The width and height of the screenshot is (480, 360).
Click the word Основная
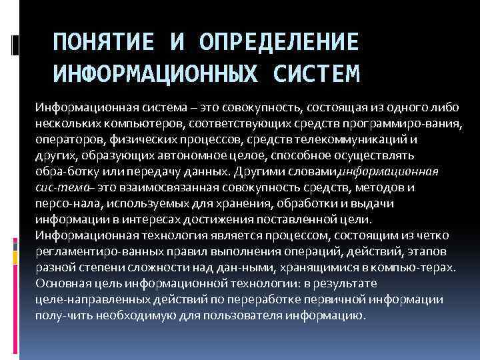64,283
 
